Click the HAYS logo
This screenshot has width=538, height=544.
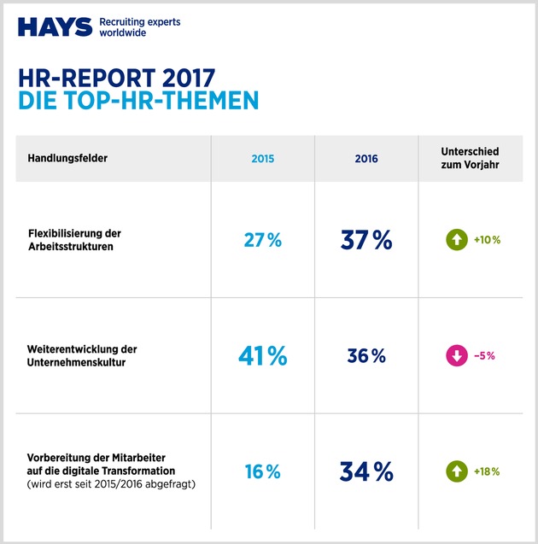(55, 27)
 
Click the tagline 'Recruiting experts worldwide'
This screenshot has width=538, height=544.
(140, 27)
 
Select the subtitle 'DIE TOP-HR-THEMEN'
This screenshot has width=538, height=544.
(137, 101)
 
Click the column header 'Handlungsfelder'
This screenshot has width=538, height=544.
(67, 159)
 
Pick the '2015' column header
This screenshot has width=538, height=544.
(262, 159)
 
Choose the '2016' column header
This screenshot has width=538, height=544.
(365, 159)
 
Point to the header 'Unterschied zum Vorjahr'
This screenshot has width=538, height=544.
(471, 159)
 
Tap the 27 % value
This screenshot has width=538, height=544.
(262, 241)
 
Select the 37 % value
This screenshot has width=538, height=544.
(365, 241)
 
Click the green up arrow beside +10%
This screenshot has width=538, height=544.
(456, 240)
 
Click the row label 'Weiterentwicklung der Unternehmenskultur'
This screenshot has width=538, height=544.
(81, 356)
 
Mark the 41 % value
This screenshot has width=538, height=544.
(262, 356)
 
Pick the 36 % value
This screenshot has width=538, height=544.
(365, 356)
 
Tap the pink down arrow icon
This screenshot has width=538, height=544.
(456, 356)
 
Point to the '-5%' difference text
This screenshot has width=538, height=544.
(485, 356)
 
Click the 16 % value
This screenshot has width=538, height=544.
(262, 471)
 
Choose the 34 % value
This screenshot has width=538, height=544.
(365, 471)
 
